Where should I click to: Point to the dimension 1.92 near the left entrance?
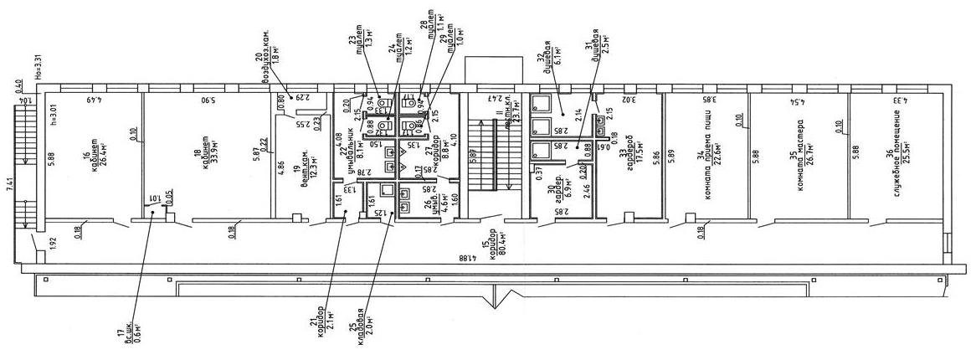click(28, 244)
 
